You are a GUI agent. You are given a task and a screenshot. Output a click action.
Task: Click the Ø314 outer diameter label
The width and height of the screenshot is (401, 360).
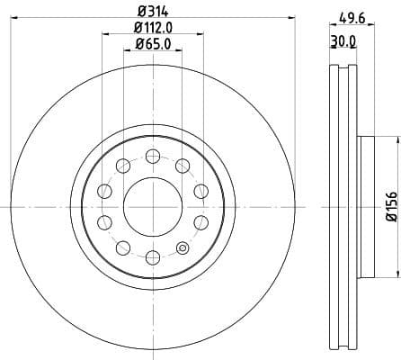tap(151, 11)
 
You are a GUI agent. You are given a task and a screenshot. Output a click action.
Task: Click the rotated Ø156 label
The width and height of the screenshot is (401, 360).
tap(392, 206)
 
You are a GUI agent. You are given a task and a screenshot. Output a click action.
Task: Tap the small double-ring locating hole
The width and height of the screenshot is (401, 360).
tap(183, 248)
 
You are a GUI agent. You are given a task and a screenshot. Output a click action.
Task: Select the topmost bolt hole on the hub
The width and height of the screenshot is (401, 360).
tap(152, 155)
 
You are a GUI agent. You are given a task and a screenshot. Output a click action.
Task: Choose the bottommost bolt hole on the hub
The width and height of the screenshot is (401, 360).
tap(152, 257)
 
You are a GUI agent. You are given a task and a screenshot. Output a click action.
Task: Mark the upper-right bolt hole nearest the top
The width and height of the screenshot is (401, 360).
tap(183, 165)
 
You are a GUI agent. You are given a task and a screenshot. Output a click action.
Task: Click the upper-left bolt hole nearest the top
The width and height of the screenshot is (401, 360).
tap(122, 165)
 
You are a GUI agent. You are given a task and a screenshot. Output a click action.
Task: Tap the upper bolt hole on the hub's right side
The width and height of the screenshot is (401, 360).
tap(200, 190)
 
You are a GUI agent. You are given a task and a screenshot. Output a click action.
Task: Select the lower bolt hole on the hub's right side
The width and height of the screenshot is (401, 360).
tap(200, 222)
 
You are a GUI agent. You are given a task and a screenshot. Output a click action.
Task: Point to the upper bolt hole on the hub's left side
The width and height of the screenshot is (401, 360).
tap(103, 190)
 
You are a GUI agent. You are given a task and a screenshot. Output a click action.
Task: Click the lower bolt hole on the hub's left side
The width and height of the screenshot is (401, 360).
tap(103, 222)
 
